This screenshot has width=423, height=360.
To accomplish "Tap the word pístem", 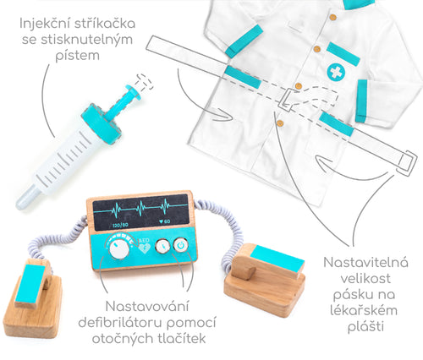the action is pos(78,56).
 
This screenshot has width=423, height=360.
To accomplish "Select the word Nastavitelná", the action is pos(365,263).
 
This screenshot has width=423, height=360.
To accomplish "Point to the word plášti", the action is pos(365,327).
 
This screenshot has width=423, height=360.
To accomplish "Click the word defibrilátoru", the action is pos(120,322).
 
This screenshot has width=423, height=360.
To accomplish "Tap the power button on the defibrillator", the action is pos(181,245).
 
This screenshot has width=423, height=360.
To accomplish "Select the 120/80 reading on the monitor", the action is pos(120,225).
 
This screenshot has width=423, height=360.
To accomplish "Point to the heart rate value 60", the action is pos(167,221).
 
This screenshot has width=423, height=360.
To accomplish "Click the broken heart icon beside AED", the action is pos(145,248).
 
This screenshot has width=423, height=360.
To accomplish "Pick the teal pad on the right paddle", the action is pos(277,259).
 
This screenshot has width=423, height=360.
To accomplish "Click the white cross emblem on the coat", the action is pos(336,73).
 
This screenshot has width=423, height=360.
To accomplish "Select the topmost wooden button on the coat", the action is pos(333,18).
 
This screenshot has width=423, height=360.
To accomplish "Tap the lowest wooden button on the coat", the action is pos(280,123).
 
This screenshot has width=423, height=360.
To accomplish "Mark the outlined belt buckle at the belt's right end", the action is pos(406,161).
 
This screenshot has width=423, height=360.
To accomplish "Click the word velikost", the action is pos(365,279).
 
